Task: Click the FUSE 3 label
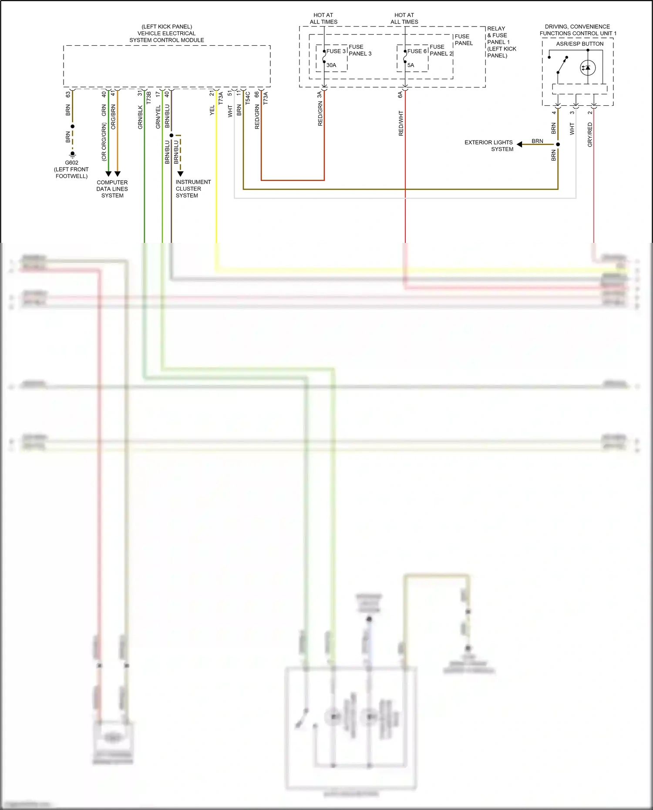click(x=336, y=51)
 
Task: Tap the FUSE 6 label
click(x=417, y=51)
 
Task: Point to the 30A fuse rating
click(x=331, y=65)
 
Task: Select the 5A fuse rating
click(x=411, y=65)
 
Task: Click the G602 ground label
click(x=71, y=163)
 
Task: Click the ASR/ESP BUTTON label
click(x=579, y=44)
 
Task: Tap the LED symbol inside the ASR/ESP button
click(x=588, y=68)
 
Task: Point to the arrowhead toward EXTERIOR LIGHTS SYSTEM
click(x=519, y=145)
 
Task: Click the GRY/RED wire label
click(x=590, y=134)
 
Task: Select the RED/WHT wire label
click(x=401, y=124)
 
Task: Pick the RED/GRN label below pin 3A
click(x=320, y=114)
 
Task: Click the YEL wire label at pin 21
click(x=212, y=110)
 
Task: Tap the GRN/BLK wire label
click(x=140, y=117)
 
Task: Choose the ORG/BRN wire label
click(x=113, y=117)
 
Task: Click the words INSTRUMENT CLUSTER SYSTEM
click(x=193, y=189)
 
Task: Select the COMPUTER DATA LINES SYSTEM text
click(x=112, y=189)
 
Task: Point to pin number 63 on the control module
click(x=68, y=94)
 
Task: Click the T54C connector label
click(x=248, y=97)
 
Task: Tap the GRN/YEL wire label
click(x=158, y=117)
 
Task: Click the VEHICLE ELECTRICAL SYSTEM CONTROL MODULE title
click(x=167, y=34)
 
